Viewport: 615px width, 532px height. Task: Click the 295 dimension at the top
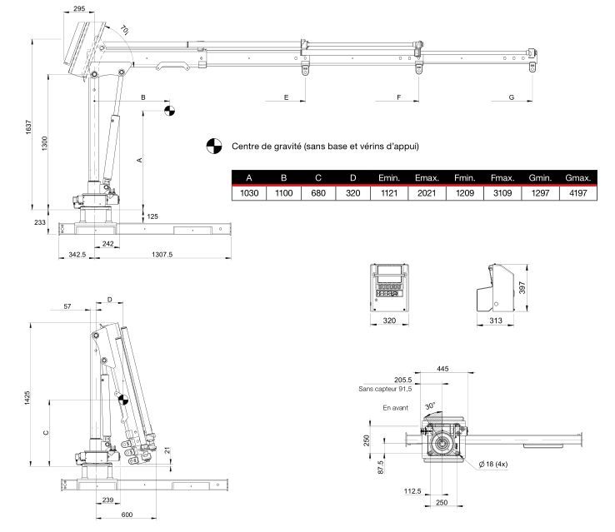point(79,8)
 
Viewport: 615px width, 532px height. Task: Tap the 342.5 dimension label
point(77,254)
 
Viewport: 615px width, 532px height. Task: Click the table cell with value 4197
point(577,193)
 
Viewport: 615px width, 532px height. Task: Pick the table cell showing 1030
point(248,193)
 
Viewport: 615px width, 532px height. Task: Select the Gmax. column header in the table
point(577,178)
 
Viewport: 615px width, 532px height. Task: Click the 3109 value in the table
point(502,193)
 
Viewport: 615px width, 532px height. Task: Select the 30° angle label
point(430,405)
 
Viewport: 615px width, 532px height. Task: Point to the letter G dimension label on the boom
point(509,98)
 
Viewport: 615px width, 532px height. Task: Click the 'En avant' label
point(396,409)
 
